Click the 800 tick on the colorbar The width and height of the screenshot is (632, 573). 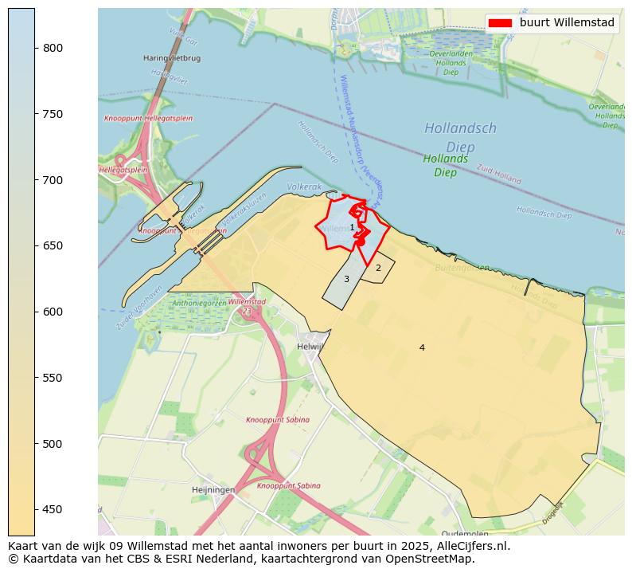tap(35, 48)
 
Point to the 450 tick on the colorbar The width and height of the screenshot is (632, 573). tap(35, 509)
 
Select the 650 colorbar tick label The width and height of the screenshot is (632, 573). tap(53, 245)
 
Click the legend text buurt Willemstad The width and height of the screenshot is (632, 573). tap(567, 23)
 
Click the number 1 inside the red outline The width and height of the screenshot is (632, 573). tap(352, 228)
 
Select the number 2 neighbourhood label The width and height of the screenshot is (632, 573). tap(378, 269)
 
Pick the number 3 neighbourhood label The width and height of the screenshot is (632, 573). tap(346, 279)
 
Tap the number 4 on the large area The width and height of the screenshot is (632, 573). tap(422, 347)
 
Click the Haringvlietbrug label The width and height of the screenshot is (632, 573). tap(172, 58)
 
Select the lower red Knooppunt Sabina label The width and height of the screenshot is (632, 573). tap(288, 485)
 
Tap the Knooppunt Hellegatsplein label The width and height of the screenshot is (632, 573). tap(148, 119)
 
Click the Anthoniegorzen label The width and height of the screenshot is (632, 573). tap(199, 303)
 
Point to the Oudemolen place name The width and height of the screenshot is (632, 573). tap(466, 533)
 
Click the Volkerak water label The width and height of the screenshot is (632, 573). tap(304, 186)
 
